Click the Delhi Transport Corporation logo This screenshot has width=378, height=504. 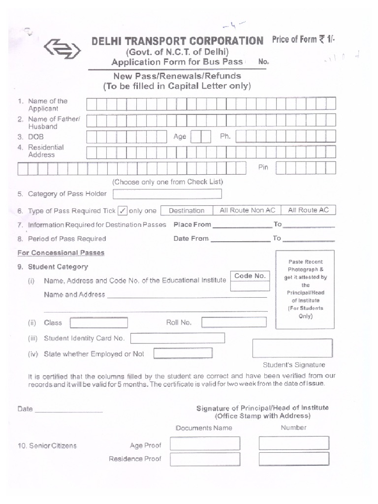(61, 48)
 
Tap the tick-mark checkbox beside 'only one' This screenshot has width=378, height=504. (123, 211)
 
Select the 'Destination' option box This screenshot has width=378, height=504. (187, 211)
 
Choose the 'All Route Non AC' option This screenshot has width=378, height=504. (248, 210)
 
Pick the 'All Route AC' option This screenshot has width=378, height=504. (308, 210)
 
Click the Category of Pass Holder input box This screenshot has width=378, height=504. (167, 194)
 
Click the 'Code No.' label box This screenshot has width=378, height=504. (250, 276)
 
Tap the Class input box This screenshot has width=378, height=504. (99, 323)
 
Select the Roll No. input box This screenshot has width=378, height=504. (234, 322)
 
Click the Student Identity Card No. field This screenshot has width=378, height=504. (177, 338)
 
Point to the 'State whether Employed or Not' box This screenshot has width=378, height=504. (183, 353)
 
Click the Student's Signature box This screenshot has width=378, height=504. (292, 348)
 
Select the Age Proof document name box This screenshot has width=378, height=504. (205, 444)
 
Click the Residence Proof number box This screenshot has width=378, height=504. (294, 459)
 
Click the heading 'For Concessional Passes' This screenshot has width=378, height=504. (61, 253)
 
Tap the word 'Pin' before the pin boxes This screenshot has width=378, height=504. (263, 167)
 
